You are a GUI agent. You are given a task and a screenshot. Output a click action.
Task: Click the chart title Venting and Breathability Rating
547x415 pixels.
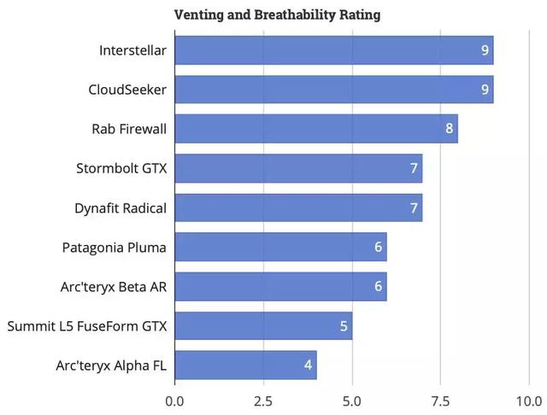coord(277,15)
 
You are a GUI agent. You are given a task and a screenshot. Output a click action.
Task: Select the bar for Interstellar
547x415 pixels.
coord(333,50)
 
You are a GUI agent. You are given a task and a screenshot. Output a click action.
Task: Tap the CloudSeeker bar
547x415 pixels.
coord(333,90)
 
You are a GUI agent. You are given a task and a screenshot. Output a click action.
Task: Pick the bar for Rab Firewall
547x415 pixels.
coord(315,129)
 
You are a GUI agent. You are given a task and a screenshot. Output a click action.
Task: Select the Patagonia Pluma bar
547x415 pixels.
coord(280,247)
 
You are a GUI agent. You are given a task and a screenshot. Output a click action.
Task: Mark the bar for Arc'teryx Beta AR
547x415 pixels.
coord(280,286)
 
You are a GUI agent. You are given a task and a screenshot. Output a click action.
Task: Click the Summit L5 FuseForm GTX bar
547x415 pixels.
coord(262,325)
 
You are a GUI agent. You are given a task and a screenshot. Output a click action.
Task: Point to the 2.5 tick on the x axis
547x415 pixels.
coord(263,400)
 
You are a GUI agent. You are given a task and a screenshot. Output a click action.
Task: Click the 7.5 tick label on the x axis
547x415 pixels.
coord(440,400)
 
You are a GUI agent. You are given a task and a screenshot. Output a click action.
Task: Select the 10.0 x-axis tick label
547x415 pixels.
coord(529,400)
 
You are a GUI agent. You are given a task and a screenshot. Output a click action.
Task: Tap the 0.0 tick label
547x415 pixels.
coord(174,400)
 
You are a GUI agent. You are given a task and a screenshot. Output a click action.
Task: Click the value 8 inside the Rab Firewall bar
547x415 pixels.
coord(450,130)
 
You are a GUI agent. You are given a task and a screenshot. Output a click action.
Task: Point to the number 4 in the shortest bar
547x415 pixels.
coord(308,365)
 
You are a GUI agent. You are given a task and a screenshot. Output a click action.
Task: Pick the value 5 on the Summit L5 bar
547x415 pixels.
coord(344,326)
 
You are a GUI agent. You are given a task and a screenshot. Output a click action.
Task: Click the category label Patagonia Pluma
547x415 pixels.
coord(115,248)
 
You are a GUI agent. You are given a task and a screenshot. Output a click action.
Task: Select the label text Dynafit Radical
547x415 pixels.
coord(120,208)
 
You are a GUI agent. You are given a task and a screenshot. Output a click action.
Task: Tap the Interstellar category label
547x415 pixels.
coord(132,51)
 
